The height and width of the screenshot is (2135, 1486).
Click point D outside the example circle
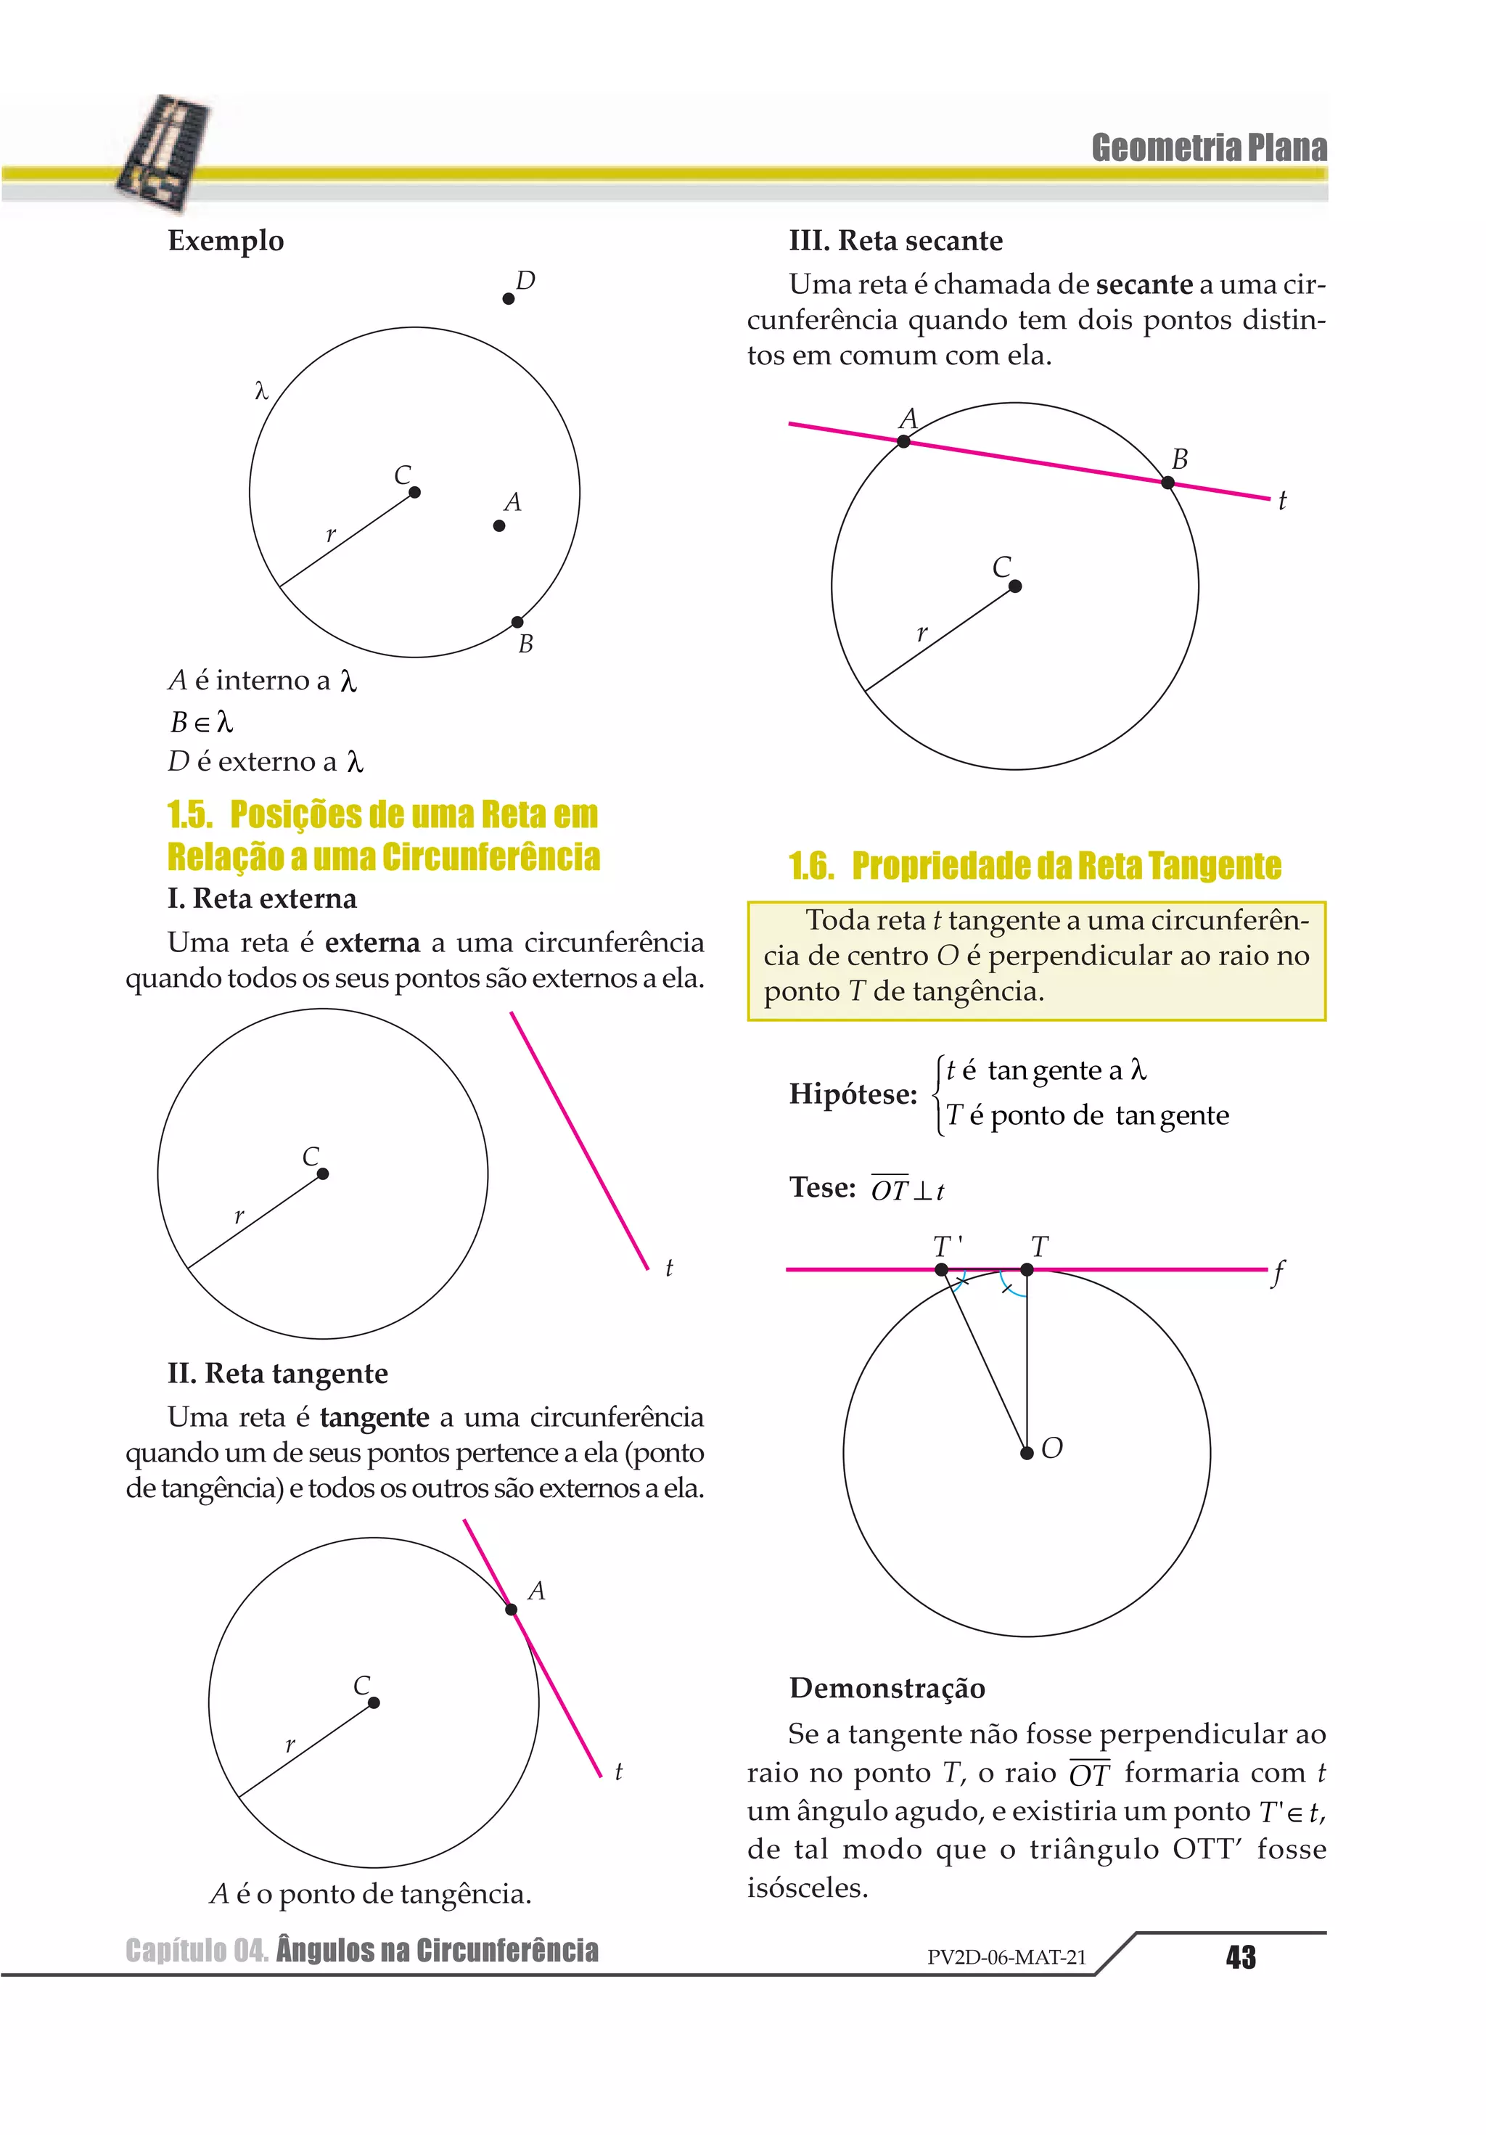tap(508, 298)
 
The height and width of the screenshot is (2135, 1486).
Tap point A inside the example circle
tap(499, 525)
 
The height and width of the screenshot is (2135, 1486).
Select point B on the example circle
tap(517, 622)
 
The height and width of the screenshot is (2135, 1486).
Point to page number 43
tap(1241, 1957)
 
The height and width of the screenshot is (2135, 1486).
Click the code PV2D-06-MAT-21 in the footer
tap(1006, 1957)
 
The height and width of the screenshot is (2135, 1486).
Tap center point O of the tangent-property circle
tap(1027, 1452)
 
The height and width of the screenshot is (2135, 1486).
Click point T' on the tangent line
tap(941, 1269)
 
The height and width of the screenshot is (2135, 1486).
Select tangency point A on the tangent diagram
tap(512, 1610)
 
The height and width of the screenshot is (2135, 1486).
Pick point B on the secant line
tap(1168, 483)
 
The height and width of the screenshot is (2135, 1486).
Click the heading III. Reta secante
tap(895, 241)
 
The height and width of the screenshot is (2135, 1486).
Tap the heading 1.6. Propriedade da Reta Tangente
tap(1034, 866)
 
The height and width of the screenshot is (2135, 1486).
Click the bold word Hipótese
tap(853, 1094)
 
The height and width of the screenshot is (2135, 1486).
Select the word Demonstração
tap(887, 1688)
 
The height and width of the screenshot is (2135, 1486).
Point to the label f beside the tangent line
tap(1279, 1272)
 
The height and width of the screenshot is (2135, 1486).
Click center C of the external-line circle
tap(323, 1173)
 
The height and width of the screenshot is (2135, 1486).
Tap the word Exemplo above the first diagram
tap(226, 241)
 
